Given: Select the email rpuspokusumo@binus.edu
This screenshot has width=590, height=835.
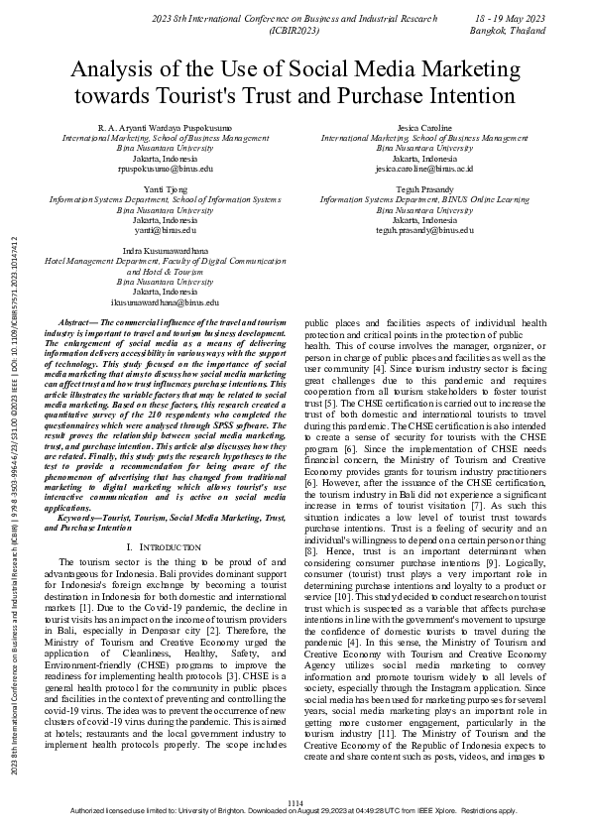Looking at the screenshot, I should coord(165,169).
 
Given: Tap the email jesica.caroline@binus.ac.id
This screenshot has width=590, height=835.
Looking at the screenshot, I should coord(423,169).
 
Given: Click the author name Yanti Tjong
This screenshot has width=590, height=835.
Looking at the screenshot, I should coord(165,189).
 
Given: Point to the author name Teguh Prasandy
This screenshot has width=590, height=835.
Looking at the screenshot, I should coord(424,189).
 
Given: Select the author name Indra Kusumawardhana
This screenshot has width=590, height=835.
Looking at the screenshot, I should coord(165,252).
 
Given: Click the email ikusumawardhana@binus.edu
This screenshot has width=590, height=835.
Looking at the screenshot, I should coord(165,301).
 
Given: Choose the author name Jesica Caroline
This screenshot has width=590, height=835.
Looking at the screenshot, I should coord(424,128).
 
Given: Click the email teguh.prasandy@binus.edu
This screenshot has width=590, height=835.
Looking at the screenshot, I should coord(424,230).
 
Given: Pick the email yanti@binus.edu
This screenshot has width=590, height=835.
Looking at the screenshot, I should coord(165,230).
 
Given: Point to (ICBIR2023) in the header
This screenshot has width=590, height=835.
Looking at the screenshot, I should coord(294,31).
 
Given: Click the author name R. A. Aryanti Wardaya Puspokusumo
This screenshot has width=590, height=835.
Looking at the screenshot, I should coord(165,128).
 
